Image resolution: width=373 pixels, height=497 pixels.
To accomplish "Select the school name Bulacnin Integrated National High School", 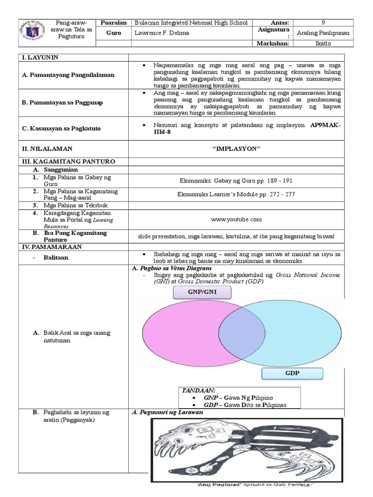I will point(191,23).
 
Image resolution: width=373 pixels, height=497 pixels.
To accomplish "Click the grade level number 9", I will point(323,23).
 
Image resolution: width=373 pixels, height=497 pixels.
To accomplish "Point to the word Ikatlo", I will point(323,44).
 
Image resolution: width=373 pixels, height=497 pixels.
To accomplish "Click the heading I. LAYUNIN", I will point(41,57).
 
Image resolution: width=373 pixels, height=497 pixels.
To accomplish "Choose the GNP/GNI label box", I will point(202,293).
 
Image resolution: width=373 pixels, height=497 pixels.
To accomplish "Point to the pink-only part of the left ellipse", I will point(180,334).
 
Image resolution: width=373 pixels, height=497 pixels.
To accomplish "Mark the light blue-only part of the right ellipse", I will point(301,335).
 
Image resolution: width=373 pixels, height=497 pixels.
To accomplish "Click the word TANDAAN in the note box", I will point(199,390).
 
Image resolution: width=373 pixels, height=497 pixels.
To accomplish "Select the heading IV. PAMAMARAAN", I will point(51,247).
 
